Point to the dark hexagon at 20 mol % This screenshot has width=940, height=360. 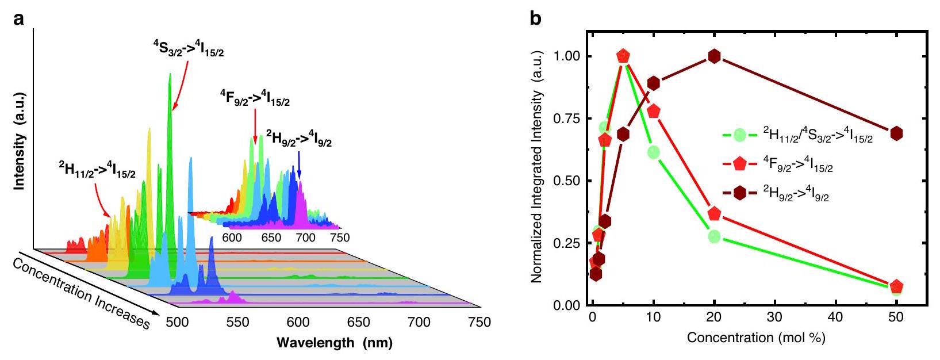pyautogui.click(x=715, y=56)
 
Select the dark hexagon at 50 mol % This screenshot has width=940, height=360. pyautogui.click(x=896, y=133)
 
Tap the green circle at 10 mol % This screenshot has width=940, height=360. pyautogui.click(x=653, y=152)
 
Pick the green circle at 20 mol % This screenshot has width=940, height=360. pyautogui.click(x=715, y=236)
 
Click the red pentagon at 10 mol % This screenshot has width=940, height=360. pyautogui.click(x=653, y=112)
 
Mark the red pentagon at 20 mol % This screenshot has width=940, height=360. pyautogui.click(x=715, y=213)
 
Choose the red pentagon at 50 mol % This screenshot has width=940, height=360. pyautogui.click(x=896, y=286)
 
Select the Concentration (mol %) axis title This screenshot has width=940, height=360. pyautogui.click(x=755, y=338)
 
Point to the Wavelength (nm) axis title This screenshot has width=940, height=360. pyautogui.click(x=335, y=343)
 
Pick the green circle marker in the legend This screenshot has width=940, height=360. pyautogui.click(x=740, y=135)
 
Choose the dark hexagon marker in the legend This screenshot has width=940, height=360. pyautogui.click(x=740, y=195)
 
